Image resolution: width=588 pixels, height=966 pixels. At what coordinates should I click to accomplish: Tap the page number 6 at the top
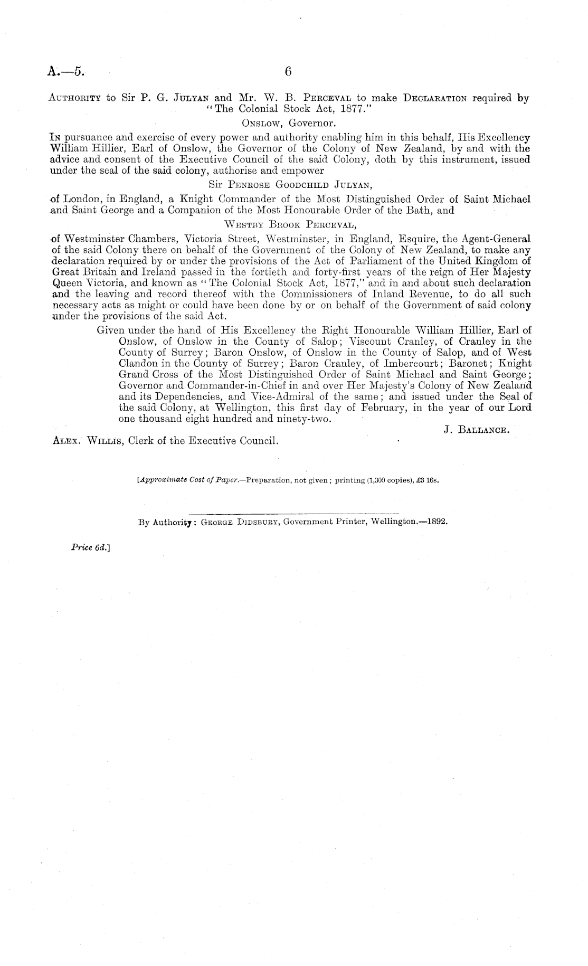pyautogui.click(x=288, y=72)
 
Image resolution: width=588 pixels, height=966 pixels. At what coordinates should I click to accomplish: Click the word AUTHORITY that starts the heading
pyautogui.click(x=74, y=98)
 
